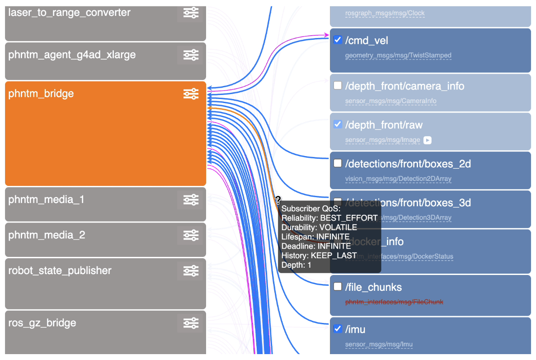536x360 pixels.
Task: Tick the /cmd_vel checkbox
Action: pyautogui.click(x=337, y=40)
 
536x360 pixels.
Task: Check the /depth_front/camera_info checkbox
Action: pyautogui.click(x=337, y=85)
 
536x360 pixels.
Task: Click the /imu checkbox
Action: pyautogui.click(x=337, y=329)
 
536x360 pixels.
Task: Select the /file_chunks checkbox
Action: pyautogui.click(x=337, y=286)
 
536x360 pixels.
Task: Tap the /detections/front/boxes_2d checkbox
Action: pyautogui.click(x=337, y=163)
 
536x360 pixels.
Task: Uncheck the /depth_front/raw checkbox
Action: pyautogui.click(x=337, y=124)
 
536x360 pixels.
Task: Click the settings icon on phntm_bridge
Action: pyautogui.click(x=191, y=94)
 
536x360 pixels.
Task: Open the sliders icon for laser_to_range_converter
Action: pyautogui.click(x=191, y=13)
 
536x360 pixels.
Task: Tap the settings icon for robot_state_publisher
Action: pyautogui.click(x=191, y=270)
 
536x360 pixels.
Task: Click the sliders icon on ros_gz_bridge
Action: pyautogui.click(x=191, y=323)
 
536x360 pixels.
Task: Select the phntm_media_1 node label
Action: pyautogui.click(x=46, y=199)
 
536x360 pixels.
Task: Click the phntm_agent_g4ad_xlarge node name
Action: pyautogui.click(x=72, y=55)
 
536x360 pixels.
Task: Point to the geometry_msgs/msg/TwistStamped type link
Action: pyautogui.click(x=398, y=56)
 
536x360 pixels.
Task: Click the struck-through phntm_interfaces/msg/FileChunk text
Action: pyautogui.click(x=394, y=302)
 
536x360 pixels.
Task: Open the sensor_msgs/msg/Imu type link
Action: pyautogui.click(x=379, y=345)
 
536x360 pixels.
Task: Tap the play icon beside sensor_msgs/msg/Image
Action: pyautogui.click(x=428, y=140)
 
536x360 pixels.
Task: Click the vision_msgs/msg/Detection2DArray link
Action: pyautogui.click(x=398, y=179)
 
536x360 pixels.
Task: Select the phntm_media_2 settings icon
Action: pyautogui.click(x=191, y=235)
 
